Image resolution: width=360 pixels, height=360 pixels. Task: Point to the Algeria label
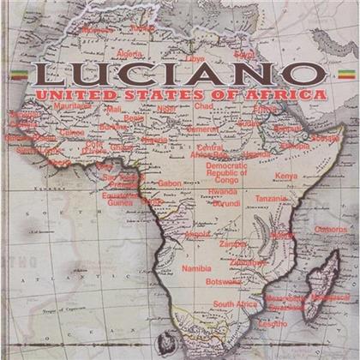pos(129,53)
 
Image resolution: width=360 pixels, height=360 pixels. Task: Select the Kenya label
pos(285,176)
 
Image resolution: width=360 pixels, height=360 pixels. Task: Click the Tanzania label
pos(271,199)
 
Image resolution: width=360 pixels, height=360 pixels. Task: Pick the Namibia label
pos(196,268)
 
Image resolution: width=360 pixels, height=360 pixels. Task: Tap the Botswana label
pos(224,280)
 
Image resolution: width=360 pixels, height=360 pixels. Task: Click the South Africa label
pos(235,303)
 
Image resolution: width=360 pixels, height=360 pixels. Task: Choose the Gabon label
pos(170,183)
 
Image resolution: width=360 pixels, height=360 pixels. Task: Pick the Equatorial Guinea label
pos(120,200)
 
